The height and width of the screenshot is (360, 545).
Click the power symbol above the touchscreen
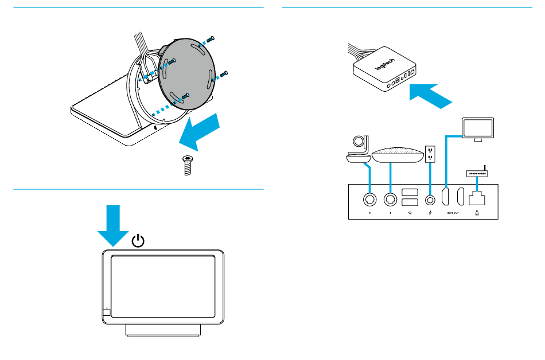138,240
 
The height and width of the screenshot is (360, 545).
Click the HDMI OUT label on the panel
453,213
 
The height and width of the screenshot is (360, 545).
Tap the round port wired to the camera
370,199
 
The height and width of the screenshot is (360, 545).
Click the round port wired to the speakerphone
391,199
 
